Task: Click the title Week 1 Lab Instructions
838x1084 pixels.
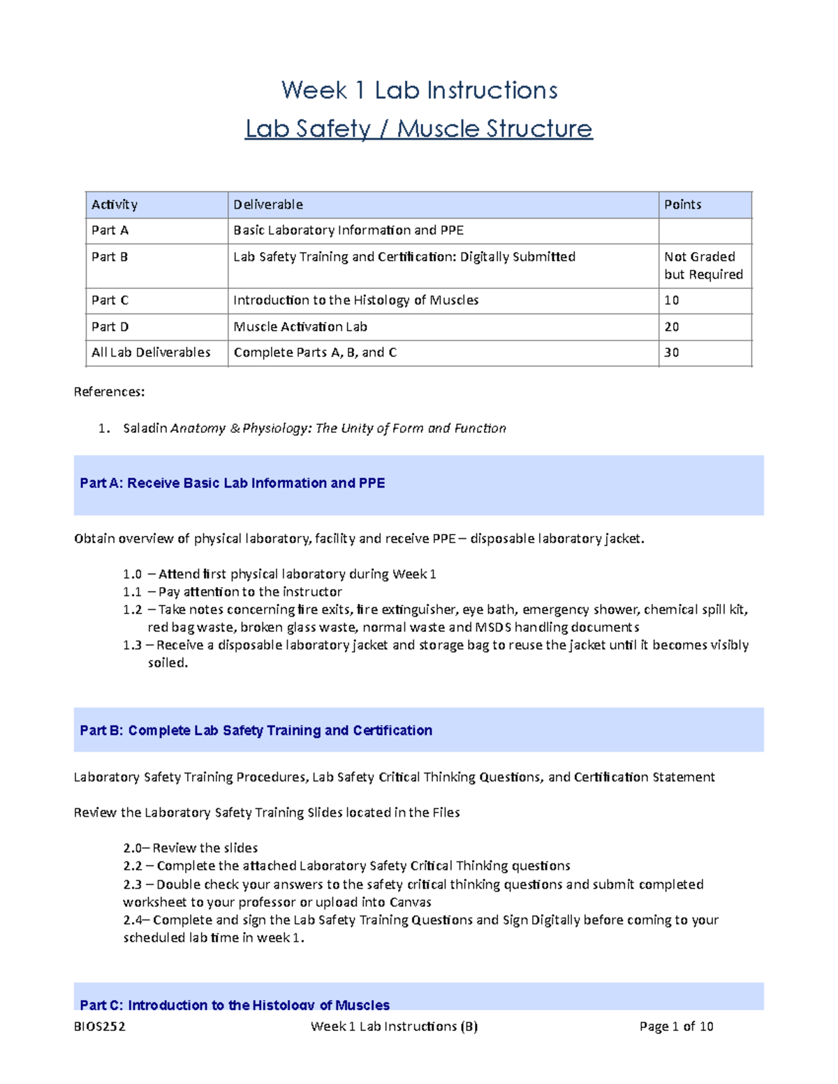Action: [419, 90]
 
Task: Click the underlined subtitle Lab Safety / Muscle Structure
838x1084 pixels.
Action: [419, 128]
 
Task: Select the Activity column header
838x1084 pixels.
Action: [115, 205]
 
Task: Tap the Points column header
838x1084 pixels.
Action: [682, 205]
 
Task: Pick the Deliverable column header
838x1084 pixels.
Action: [268, 205]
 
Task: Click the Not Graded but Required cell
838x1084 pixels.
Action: [703, 265]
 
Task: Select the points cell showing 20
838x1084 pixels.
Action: [672, 327]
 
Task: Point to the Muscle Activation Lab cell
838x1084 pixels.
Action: [300, 327]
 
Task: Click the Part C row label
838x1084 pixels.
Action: [110, 300]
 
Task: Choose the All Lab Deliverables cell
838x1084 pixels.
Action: [151, 352]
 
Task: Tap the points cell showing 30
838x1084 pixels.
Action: [672, 352]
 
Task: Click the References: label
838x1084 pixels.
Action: [109, 392]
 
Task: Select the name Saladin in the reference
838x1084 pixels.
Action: [145, 428]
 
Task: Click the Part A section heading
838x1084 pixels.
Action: [233, 483]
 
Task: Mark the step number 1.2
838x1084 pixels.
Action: [132, 609]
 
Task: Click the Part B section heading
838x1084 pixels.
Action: [256, 730]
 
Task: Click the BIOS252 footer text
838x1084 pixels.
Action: [99, 1026]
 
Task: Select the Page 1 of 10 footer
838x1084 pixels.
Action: [676, 1026]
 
